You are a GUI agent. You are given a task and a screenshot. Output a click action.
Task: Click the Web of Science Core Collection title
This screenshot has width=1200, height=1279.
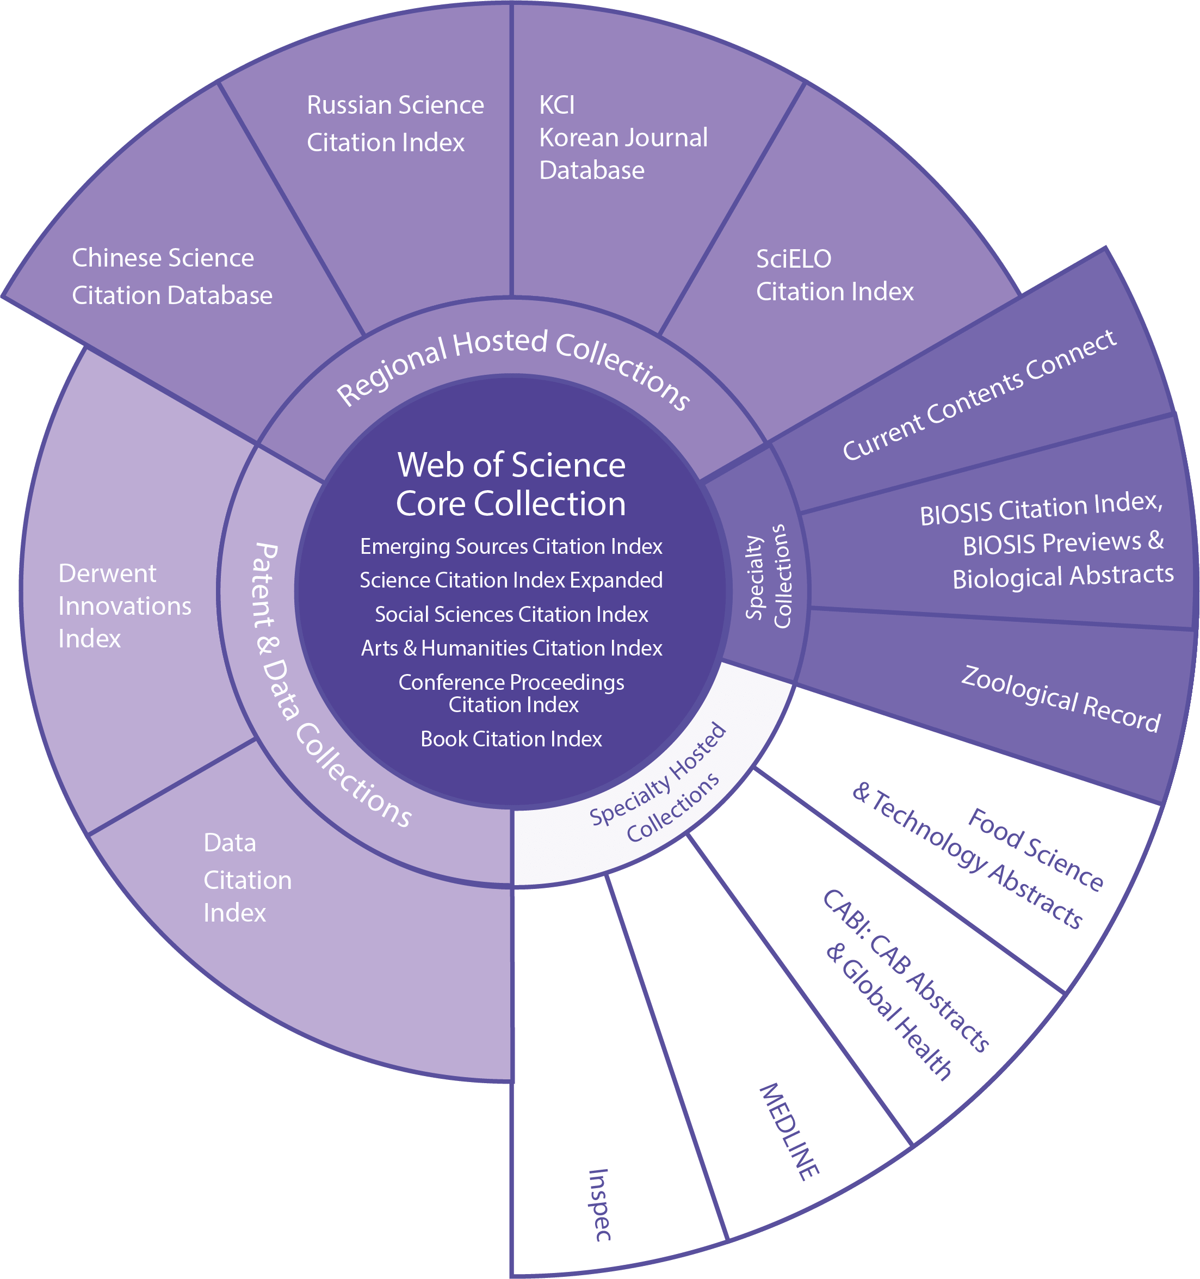tap(511, 484)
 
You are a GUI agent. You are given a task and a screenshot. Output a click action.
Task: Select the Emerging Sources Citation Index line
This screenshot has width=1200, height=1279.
tap(511, 547)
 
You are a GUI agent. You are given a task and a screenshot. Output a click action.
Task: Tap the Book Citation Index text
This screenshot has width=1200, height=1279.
tap(511, 739)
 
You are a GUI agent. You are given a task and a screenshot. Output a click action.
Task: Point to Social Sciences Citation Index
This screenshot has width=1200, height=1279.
tap(511, 614)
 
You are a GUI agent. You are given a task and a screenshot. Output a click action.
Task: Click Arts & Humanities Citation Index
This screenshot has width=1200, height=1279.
tap(511, 648)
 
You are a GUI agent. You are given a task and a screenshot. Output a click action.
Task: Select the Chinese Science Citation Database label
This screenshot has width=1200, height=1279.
tap(171, 277)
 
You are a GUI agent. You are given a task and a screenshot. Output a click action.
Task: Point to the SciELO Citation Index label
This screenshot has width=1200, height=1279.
tap(834, 275)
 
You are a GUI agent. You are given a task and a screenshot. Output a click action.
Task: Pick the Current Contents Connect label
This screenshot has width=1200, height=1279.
tap(979, 396)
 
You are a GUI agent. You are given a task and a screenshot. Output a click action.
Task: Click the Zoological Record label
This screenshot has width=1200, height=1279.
tap(1060, 699)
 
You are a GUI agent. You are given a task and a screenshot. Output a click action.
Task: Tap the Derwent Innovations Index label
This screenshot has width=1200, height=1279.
tap(123, 606)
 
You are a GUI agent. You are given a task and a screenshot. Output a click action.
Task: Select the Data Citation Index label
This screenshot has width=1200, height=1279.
tap(246, 878)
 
